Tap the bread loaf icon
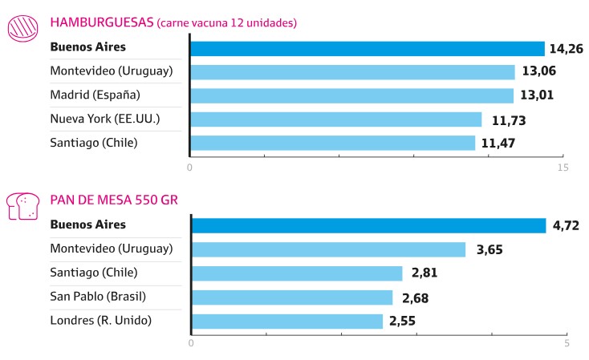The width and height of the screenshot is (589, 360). [23, 205]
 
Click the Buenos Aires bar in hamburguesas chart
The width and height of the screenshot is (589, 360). [367, 48]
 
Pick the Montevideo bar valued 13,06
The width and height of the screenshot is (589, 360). [352, 72]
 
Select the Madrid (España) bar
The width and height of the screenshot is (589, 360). [351, 95]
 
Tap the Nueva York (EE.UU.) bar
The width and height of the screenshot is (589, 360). [335, 119]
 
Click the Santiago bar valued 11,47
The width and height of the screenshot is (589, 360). [332, 143]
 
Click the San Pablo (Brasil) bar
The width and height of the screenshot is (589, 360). [292, 297]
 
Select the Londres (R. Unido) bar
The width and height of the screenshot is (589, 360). [287, 321]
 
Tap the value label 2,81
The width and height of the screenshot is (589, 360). [427, 273]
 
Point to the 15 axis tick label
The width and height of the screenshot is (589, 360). [563, 168]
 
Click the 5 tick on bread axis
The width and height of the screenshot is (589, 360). [567, 344]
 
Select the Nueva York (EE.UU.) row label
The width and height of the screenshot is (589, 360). [104, 119]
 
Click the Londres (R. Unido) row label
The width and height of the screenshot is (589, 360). [100, 321]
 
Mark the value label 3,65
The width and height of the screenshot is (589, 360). [489, 249]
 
